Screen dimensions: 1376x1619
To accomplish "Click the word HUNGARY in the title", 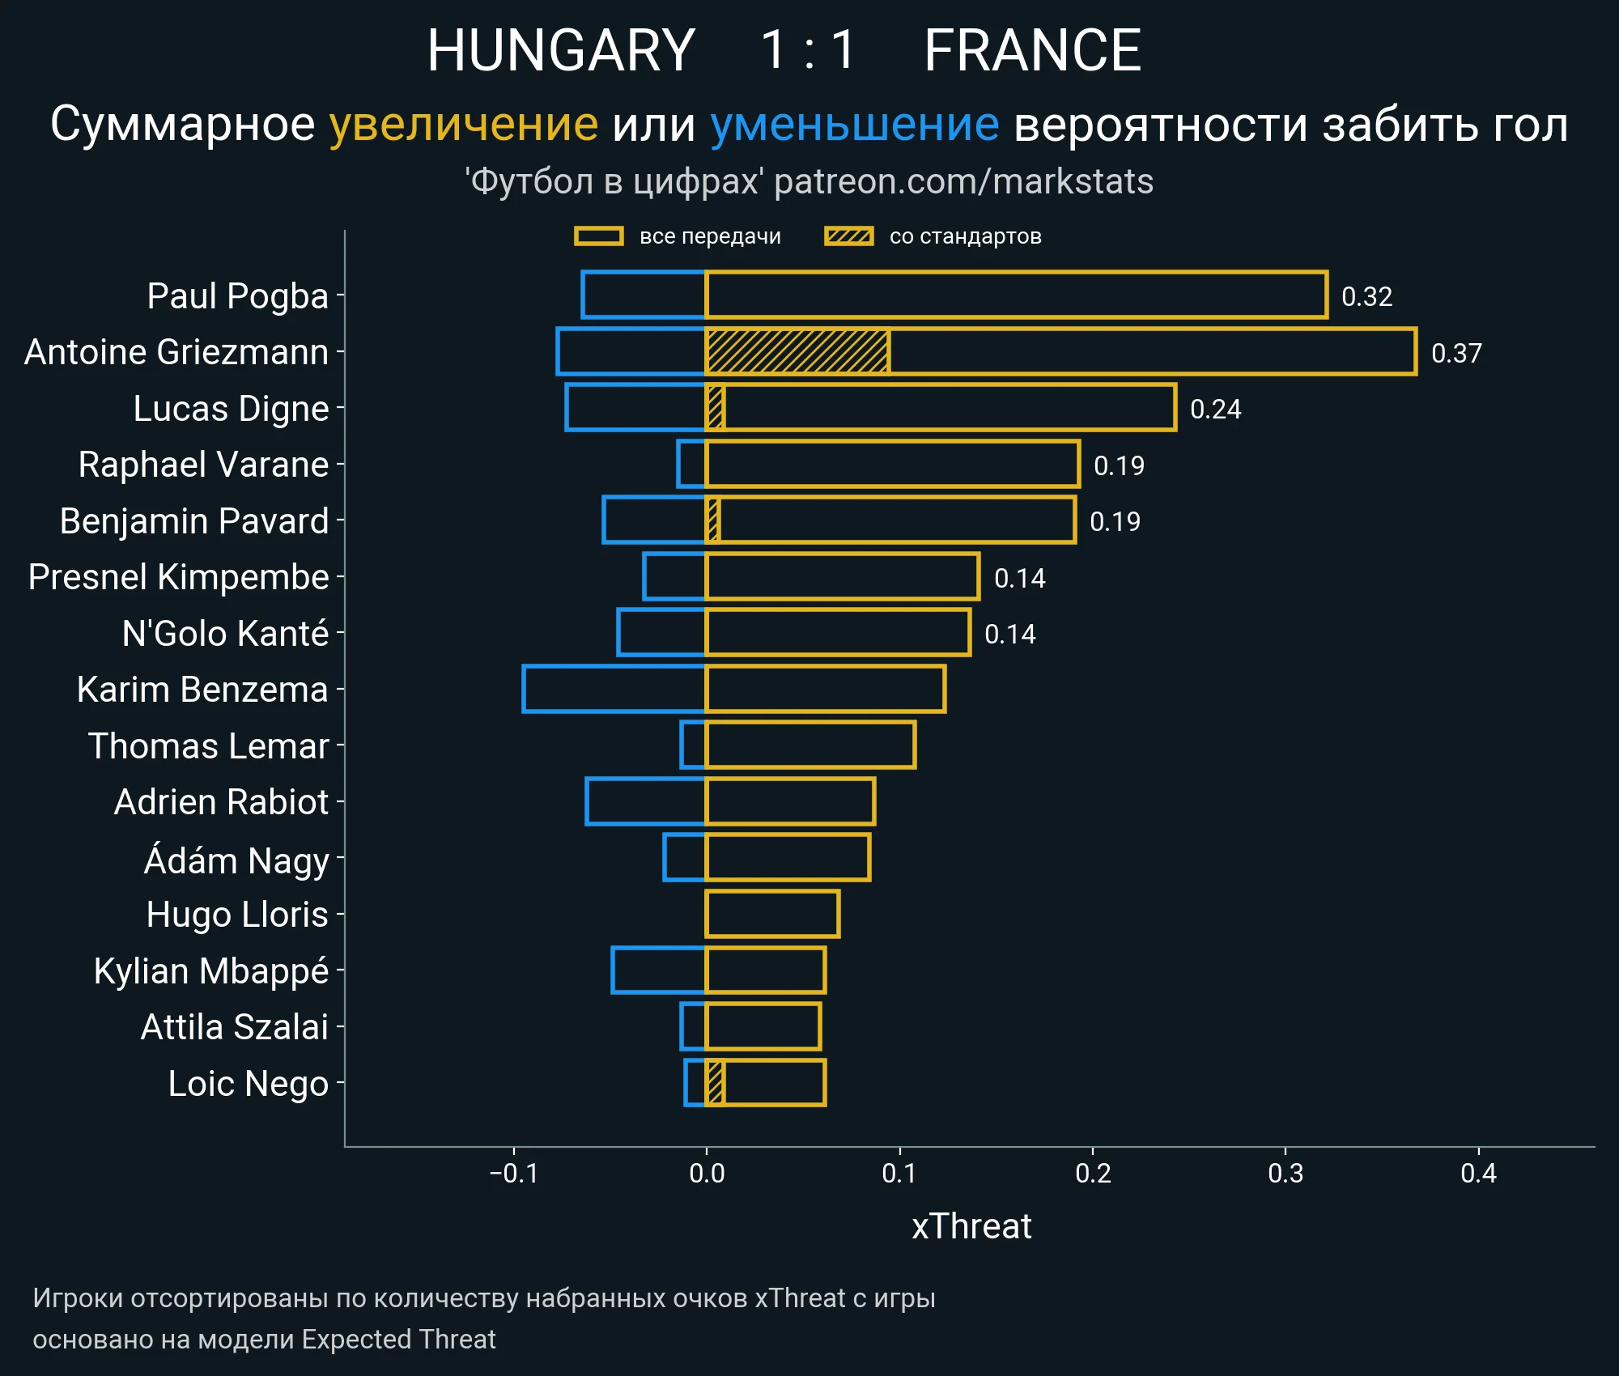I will [x=561, y=50].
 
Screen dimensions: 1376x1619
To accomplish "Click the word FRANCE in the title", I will [x=1032, y=50].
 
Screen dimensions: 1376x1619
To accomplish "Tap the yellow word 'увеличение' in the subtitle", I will [x=463, y=125].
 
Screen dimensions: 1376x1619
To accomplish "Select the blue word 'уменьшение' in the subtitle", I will [x=854, y=125].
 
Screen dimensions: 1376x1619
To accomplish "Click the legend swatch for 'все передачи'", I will [x=598, y=236].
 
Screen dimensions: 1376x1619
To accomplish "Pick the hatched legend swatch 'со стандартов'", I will [x=848, y=236].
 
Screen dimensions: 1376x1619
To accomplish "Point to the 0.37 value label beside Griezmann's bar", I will [x=1455, y=353].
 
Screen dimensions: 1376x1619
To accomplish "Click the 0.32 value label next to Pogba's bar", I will [x=1366, y=296].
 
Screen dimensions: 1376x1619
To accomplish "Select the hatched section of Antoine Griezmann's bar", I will [x=797, y=352].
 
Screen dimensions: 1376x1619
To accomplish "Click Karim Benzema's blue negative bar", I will [x=614, y=689].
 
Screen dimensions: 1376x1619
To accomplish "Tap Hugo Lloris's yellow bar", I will [x=772, y=914].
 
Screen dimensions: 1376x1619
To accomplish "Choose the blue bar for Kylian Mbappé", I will [x=659, y=970].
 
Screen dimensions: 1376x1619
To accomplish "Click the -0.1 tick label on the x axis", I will [x=513, y=1174].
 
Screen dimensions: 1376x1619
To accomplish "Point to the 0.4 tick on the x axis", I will [x=1478, y=1174].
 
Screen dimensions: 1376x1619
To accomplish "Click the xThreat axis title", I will [x=971, y=1226].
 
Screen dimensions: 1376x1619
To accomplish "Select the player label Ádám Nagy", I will [x=236, y=859].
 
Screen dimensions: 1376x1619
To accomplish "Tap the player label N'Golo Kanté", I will [x=225, y=633].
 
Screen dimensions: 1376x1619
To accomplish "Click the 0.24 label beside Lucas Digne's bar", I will [x=1215, y=409].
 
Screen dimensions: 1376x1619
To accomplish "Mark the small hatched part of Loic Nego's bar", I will [x=715, y=1082].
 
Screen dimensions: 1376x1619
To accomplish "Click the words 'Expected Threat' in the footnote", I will [x=398, y=1340].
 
